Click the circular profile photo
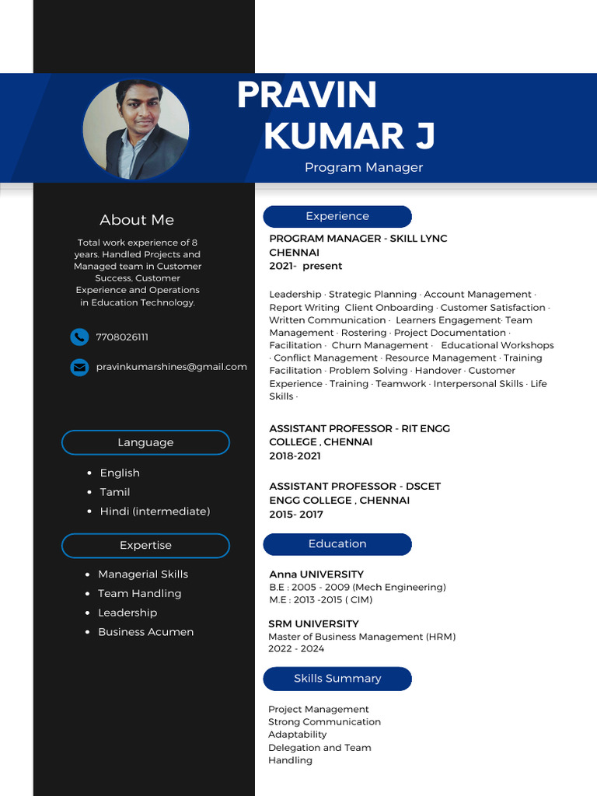tap(136, 130)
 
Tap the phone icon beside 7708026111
tap(79, 337)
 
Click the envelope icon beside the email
tap(79, 367)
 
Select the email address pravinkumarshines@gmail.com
tap(171, 367)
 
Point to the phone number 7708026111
tap(122, 337)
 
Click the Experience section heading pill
tap(337, 216)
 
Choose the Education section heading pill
tap(337, 544)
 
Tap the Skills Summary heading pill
tap(337, 679)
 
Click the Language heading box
tap(145, 442)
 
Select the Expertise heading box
tap(145, 546)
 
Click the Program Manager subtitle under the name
tap(364, 167)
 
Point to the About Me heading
tap(137, 220)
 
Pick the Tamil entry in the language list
tap(115, 492)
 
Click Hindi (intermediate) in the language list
tap(155, 511)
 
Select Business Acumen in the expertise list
tap(145, 632)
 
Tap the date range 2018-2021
tap(295, 456)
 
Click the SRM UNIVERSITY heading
tap(313, 624)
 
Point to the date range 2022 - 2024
tap(296, 649)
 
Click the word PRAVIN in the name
tap(306, 96)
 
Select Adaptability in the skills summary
tap(297, 735)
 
